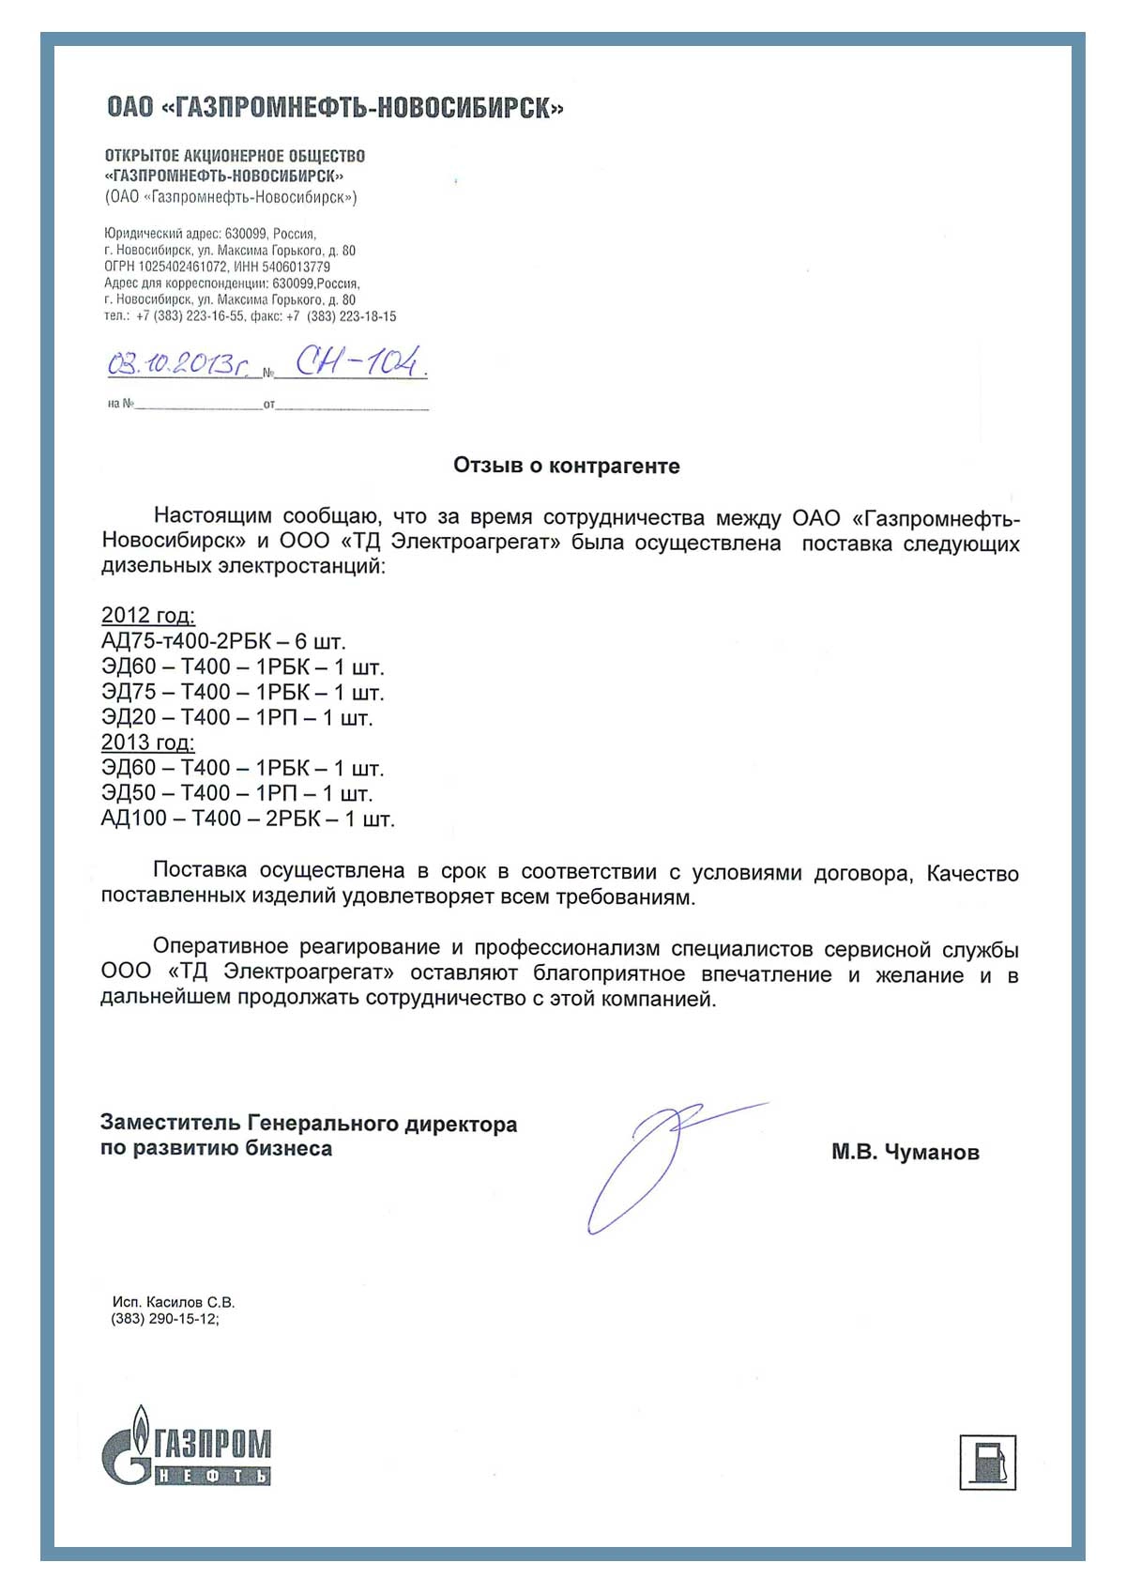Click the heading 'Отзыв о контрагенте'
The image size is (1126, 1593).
tap(566, 466)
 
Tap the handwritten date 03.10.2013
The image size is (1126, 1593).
tap(178, 364)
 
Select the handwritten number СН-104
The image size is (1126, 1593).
tap(358, 361)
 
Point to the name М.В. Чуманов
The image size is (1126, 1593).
tap(905, 1152)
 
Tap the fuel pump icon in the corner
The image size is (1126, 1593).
tap(987, 1462)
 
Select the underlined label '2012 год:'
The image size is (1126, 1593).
tap(148, 616)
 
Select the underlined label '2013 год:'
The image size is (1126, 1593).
tap(148, 743)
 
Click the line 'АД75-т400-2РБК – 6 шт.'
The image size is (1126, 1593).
tap(223, 641)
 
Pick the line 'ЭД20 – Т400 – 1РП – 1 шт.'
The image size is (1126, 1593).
tap(236, 717)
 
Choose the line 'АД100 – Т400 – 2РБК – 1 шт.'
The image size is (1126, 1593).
tap(248, 819)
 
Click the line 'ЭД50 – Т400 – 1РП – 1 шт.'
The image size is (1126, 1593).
tap(236, 793)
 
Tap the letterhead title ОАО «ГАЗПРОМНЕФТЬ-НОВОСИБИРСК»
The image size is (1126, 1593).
tap(335, 108)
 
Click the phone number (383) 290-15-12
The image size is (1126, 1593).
tap(164, 1319)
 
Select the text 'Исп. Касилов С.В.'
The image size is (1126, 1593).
tap(174, 1302)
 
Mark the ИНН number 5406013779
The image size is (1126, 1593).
tap(296, 267)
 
